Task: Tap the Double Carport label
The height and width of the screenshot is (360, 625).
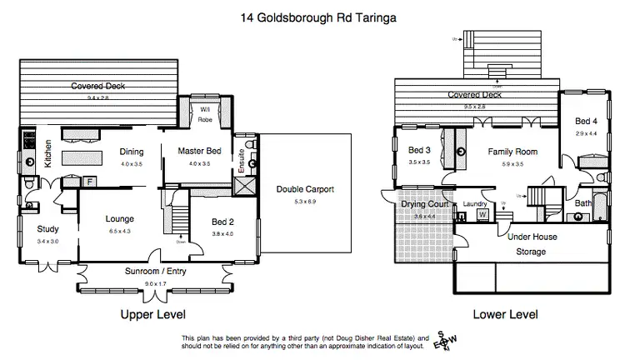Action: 305,189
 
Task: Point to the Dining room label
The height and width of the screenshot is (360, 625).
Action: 132,152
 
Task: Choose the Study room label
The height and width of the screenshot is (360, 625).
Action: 47,229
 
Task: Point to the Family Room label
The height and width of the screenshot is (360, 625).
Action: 513,152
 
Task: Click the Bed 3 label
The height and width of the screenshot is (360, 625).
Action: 419,150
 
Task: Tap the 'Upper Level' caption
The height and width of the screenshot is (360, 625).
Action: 152,315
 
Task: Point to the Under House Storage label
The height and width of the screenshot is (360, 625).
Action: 531,244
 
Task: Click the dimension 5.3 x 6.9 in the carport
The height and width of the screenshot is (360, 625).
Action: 305,201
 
